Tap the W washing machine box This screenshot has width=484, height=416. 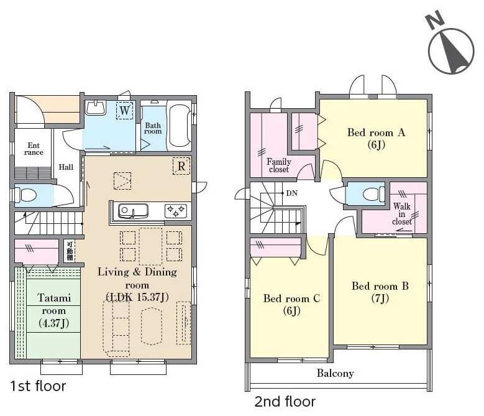125,110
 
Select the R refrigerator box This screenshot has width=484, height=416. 181,166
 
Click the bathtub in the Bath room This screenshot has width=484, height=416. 180,126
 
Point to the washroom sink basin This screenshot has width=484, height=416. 96,108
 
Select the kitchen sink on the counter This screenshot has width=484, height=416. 134,211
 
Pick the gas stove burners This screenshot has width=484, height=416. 176,211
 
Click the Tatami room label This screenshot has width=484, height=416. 53,310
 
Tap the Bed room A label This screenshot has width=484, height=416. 376,139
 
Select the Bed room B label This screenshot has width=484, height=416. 380,292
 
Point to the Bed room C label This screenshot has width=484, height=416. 291,304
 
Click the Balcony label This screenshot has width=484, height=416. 336,373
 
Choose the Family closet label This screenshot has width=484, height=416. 279,165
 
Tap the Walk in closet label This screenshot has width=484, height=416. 402,214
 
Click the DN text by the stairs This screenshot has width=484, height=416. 291,193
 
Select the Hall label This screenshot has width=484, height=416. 66,167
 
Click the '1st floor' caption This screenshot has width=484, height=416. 38,386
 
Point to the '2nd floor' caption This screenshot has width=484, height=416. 285,402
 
